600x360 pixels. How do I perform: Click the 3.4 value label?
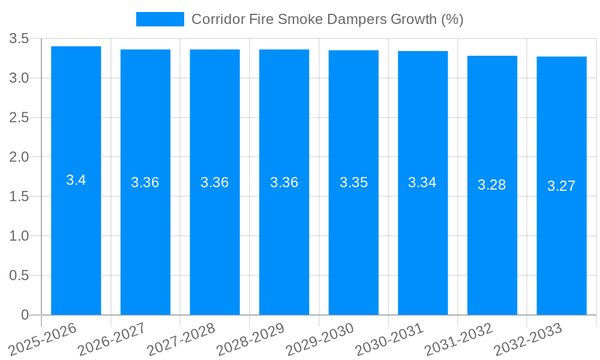tap(76, 180)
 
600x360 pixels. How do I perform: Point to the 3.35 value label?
tap(353, 182)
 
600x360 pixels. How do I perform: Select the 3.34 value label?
tap(422, 182)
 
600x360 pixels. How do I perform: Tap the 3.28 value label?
tap(492, 185)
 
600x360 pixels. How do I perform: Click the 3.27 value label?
tap(562, 186)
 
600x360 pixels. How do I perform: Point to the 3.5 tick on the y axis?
tap(19, 39)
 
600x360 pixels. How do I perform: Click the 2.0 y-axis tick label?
tap(19, 157)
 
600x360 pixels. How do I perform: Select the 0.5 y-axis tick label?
tap(19, 275)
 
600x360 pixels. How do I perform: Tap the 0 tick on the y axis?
tap(25, 315)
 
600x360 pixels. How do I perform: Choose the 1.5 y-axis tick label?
tap(19, 197)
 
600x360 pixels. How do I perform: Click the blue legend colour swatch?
tap(160, 19)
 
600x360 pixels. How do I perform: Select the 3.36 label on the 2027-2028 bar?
tap(215, 182)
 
